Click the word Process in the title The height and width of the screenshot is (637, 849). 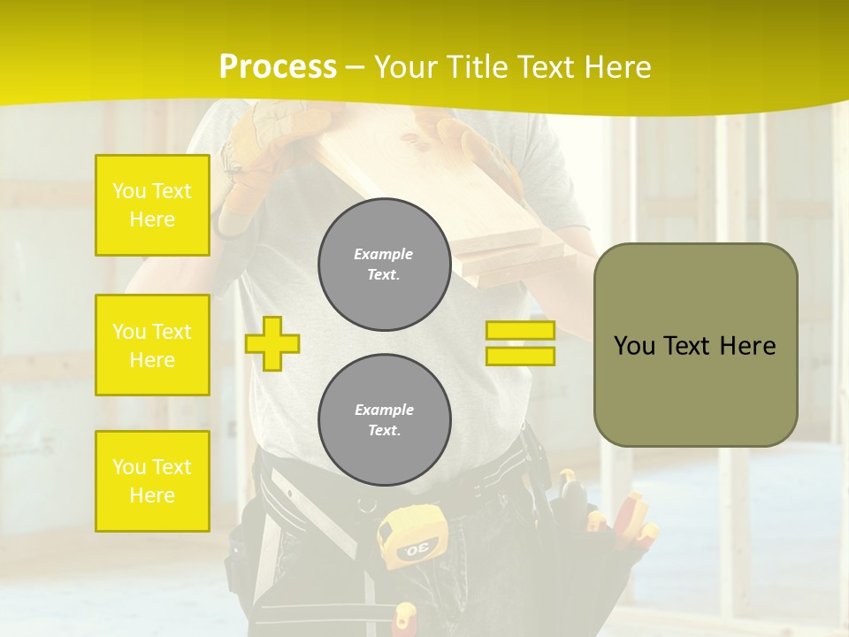[278, 67]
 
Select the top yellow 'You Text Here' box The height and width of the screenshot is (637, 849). [152, 205]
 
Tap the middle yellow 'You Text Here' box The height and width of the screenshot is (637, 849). [152, 345]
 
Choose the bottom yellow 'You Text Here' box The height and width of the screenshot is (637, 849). [152, 481]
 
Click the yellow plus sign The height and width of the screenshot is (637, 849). [272, 343]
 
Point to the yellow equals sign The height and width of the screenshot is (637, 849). [520, 343]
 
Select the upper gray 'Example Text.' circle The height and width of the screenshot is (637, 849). [385, 265]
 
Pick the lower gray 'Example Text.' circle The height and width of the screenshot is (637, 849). [385, 420]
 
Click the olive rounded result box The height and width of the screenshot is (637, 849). [695, 345]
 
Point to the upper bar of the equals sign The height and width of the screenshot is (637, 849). [520, 331]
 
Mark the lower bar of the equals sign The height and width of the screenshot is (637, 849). [520, 357]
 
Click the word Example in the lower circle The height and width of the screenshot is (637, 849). [385, 410]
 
